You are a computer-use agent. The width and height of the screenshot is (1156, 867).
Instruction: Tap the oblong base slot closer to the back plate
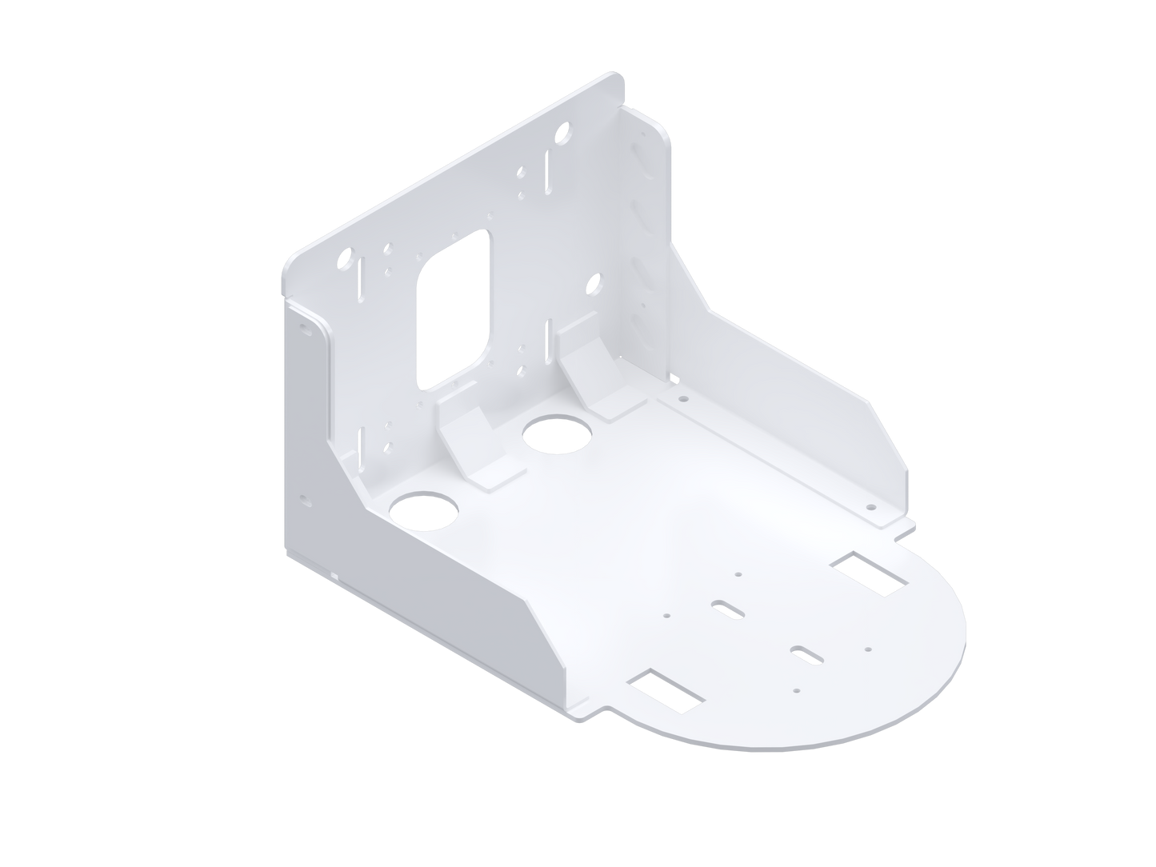(x=729, y=609)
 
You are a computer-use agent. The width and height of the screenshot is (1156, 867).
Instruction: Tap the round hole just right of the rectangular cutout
(x=594, y=282)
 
